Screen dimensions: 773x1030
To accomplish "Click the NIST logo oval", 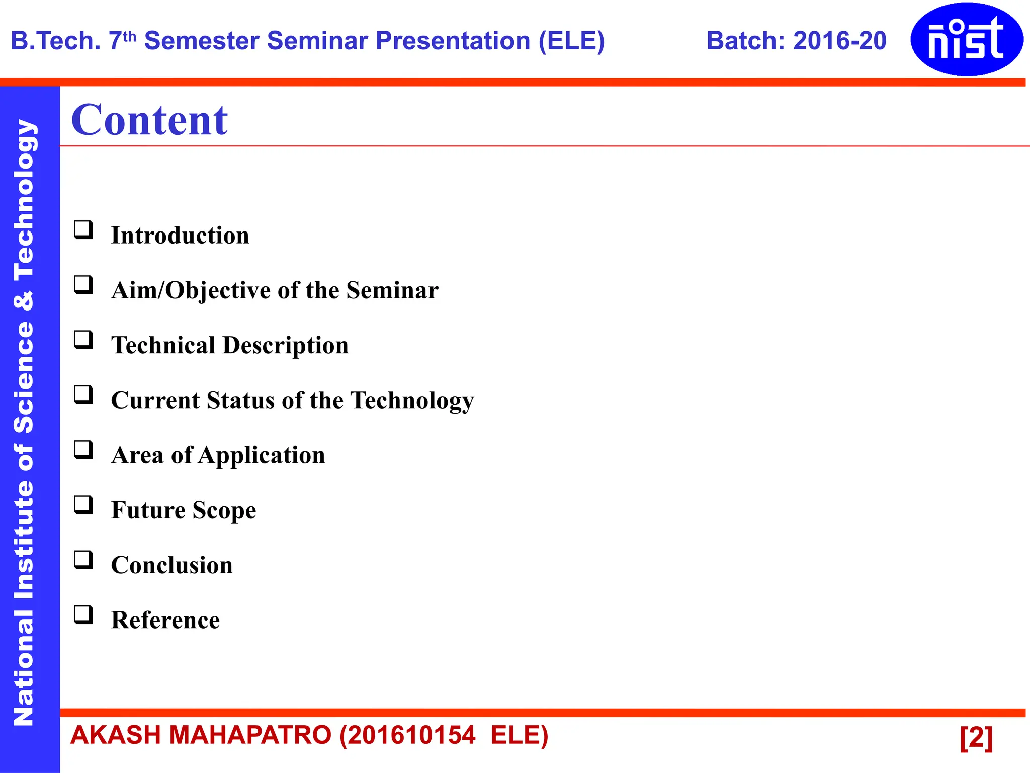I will click(x=967, y=39).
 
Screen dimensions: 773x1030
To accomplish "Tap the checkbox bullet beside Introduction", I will click(x=83, y=230).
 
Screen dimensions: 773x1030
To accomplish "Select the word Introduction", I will click(x=180, y=236).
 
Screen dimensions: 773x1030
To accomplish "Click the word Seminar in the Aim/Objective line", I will click(x=392, y=290).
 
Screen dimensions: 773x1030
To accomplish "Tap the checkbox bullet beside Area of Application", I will click(x=83, y=450).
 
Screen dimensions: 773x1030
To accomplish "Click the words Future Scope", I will click(x=184, y=510).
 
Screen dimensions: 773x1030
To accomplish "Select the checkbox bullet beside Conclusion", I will click(x=83, y=560).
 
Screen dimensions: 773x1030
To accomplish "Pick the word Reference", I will click(x=165, y=620).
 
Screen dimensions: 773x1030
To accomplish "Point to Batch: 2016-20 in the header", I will click(x=796, y=41).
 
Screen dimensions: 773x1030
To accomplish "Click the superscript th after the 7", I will click(x=130, y=36).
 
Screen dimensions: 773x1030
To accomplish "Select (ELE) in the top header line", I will click(x=571, y=41).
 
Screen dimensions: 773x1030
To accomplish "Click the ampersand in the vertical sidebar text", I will click(x=23, y=301).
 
